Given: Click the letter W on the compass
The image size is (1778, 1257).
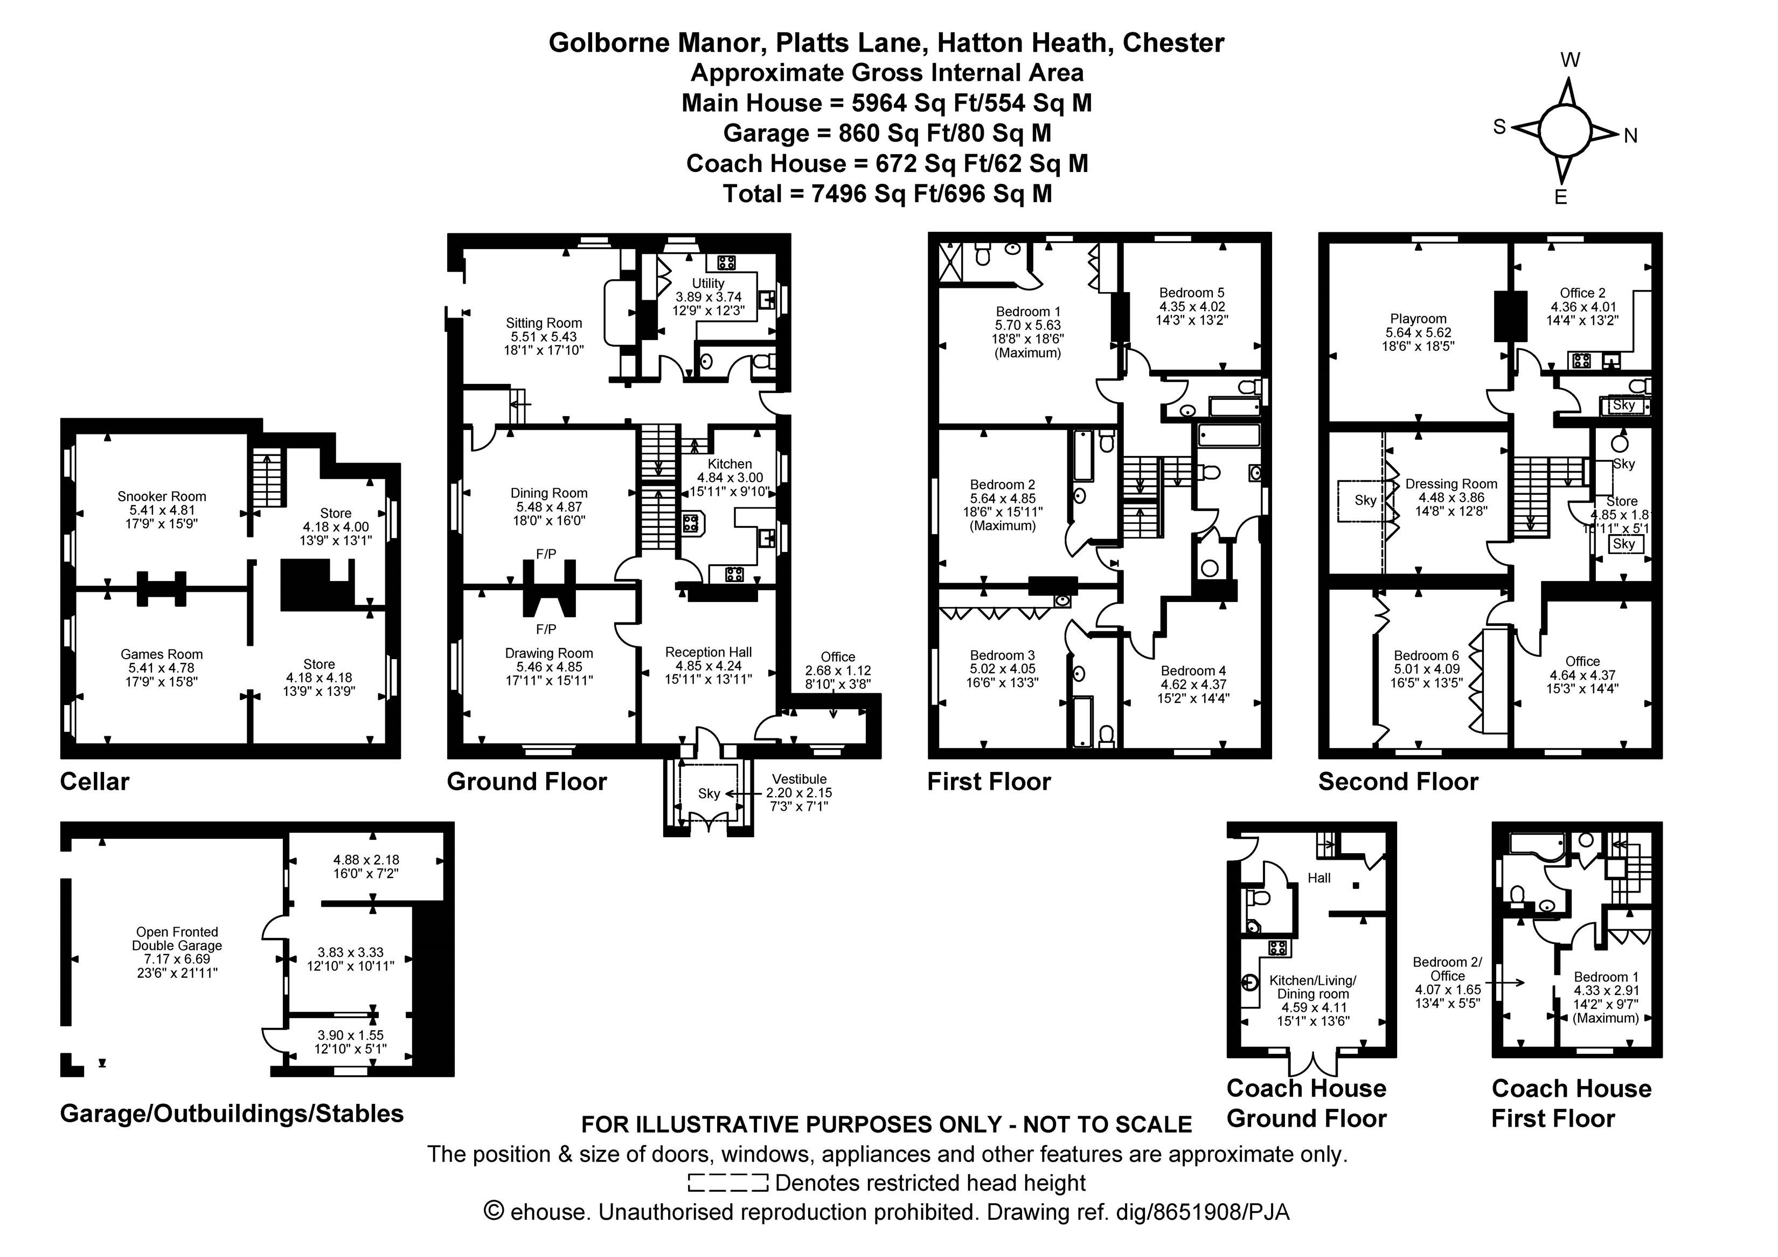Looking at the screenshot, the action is pos(1569,60).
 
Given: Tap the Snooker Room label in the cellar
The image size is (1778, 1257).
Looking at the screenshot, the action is pos(162,496).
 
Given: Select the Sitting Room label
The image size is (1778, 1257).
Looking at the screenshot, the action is pos(544,323).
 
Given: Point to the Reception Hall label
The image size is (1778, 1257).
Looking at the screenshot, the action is pos(709,652).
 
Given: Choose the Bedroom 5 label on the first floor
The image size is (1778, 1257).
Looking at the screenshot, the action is pos(1192,293).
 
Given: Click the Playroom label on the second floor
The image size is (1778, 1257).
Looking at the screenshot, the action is pos(1418,319).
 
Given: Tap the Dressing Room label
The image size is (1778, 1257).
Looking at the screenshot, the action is pos(1451,484).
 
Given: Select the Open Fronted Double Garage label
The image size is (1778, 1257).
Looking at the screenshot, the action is pos(177,938).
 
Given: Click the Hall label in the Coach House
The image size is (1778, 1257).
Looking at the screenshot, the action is pos(1319,878).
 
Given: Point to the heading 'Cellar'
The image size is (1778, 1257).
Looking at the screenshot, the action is pos(94,782).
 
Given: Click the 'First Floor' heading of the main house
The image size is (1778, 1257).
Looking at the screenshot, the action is pos(989,782).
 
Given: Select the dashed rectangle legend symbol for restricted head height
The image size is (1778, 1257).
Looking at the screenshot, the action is pos(727,1183).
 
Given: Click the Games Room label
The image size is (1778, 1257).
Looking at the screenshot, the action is pos(162,654).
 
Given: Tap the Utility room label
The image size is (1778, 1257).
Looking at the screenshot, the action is pos(708,284).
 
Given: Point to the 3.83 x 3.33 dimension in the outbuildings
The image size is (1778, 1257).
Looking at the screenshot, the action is pos(350,952).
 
